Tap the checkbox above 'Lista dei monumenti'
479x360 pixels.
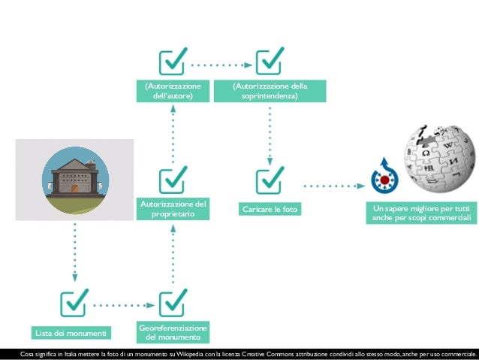click(75, 303)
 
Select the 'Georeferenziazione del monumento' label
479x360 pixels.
click(173, 332)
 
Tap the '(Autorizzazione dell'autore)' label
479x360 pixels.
click(173, 91)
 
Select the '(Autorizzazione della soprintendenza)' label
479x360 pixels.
click(270, 91)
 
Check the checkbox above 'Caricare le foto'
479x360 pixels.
click(270, 180)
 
